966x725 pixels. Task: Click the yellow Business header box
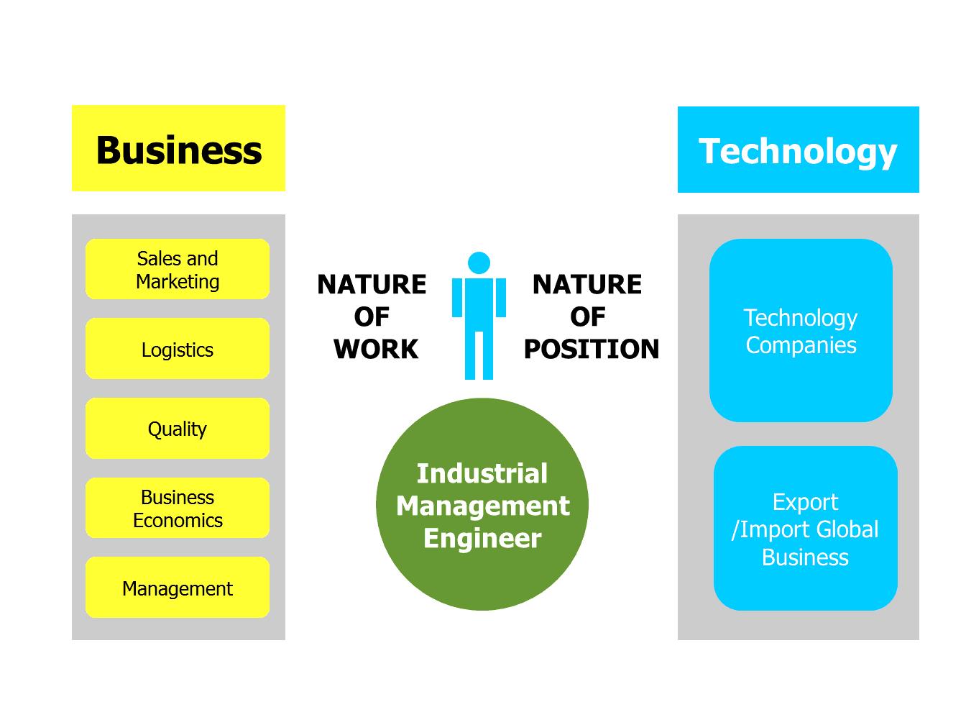click(x=178, y=149)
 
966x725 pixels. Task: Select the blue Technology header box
click(x=798, y=150)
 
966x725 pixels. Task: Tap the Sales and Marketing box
click(x=178, y=269)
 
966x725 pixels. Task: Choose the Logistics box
click(x=178, y=350)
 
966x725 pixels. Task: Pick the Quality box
click(x=178, y=429)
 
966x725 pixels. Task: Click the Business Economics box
click(x=178, y=508)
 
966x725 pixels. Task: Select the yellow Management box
click(x=178, y=588)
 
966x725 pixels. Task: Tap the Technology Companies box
click(x=801, y=331)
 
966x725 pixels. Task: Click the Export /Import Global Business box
click(x=805, y=529)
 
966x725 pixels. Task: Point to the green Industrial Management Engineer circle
click(x=482, y=505)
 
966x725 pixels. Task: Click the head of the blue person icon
click(x=479, y=263)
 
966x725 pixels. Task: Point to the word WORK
click(x=375, y=350)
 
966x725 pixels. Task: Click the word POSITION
click(x=591, y=350)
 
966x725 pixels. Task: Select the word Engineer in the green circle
click(x=482, y=539)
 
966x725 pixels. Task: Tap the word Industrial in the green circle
click(x=482, y=474)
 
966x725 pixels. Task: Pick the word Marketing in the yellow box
click(x=178, y=281)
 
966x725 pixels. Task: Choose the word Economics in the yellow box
click(x=178, y=520)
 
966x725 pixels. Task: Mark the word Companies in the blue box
click(x=801, y=345)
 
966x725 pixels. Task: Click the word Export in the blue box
click(x=805, y=502)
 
